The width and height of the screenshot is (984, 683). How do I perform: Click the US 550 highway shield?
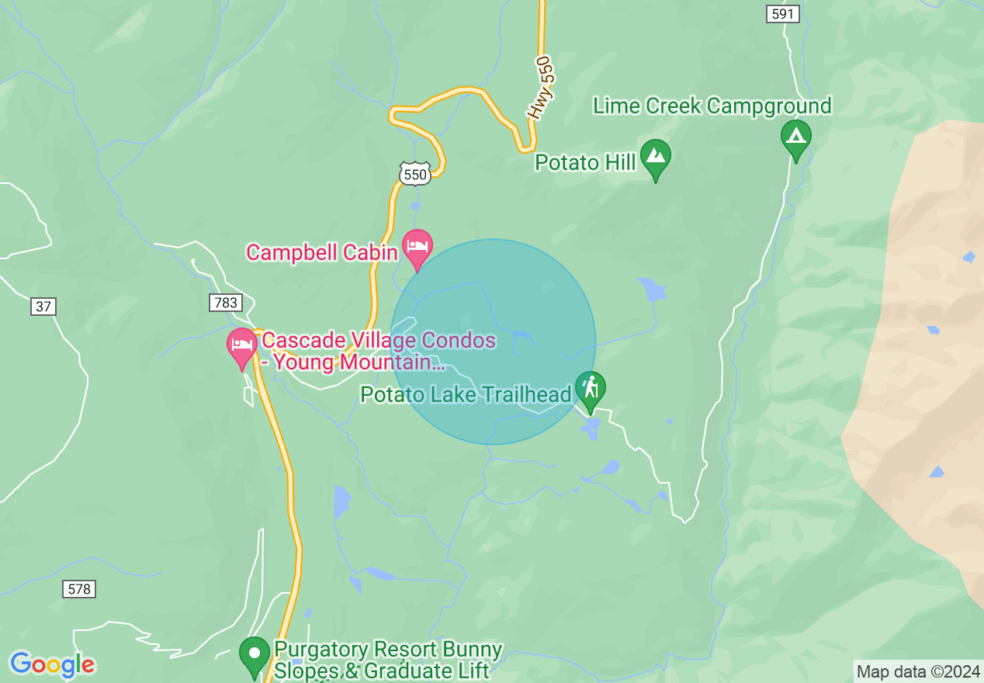pos(414,174)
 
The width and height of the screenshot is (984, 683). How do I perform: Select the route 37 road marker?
pos(43,307)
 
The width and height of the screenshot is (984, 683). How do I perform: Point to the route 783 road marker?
pos(225,302)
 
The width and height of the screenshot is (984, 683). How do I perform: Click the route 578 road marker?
pos(79,589)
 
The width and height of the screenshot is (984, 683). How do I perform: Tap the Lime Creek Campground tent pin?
pos(795,137)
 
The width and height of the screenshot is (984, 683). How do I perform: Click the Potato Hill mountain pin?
pos(656,156)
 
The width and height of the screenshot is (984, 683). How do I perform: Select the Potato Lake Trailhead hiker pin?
pos(591,388)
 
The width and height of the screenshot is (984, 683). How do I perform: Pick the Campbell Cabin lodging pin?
pos(418,247)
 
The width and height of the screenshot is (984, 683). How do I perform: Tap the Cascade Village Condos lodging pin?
pos(241,345)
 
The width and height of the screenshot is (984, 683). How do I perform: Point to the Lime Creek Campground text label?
pos(712,106)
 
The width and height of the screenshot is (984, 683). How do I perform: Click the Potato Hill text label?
pos(585,162)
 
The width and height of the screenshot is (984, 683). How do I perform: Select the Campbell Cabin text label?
pos(322,251)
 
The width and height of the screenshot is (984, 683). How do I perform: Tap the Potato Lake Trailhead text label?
pos(466,394)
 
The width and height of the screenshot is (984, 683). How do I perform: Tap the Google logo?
pos(52,665)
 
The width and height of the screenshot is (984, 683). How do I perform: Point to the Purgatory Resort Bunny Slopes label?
pos(387,660)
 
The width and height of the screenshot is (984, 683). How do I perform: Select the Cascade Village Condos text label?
pos(378,351)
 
